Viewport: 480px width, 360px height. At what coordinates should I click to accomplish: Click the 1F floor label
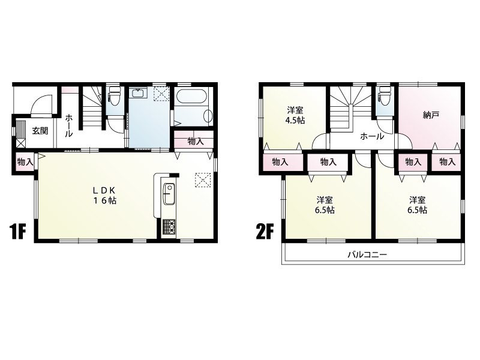pos(17,232)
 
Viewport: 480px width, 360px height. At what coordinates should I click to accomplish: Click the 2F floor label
pos(264,232)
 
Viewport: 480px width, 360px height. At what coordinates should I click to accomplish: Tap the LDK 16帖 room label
pos(104,196)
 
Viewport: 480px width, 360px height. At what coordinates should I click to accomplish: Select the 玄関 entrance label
pos(40,131)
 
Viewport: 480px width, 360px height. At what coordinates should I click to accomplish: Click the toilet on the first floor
pos(115,95)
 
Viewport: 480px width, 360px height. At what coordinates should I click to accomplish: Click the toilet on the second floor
pos(385,95)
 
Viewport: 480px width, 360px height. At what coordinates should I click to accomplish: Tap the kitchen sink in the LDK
pos(169,194)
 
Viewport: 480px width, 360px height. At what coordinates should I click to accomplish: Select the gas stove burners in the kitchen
pos(169,227)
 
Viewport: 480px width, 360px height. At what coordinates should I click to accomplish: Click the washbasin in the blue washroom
pos(139,93)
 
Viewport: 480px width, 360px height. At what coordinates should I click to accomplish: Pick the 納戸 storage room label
pos(431,115)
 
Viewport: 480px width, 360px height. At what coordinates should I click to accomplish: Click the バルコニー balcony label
pos(367,254)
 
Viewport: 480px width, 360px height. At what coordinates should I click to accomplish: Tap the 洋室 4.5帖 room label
pos(295,115)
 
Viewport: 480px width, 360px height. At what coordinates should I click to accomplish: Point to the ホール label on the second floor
pos(372,136)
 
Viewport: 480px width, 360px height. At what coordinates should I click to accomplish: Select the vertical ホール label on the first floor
pos(69,125)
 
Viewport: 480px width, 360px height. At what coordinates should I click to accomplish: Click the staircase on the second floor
pos(350,107)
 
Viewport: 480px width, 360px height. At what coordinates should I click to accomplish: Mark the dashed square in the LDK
pos(203,179)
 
